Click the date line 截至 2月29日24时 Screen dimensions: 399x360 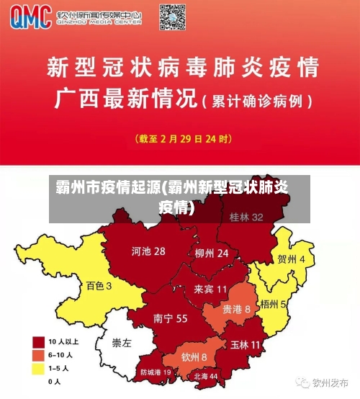179,137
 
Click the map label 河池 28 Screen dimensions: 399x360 148,251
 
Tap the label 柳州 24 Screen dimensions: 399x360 211,254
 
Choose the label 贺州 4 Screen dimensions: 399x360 296,259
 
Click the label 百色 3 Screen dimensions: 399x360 99,285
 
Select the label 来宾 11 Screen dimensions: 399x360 210,289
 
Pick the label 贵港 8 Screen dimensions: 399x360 236,308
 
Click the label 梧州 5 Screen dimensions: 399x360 274,304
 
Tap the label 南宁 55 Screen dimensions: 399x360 171,318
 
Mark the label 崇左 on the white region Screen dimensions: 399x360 122,343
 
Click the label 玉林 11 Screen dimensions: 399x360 245,345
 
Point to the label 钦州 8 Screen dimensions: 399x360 194,357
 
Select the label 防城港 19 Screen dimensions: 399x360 156,372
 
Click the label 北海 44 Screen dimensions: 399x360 204,376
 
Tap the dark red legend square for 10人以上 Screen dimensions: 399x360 38,341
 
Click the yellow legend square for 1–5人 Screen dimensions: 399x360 38,368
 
